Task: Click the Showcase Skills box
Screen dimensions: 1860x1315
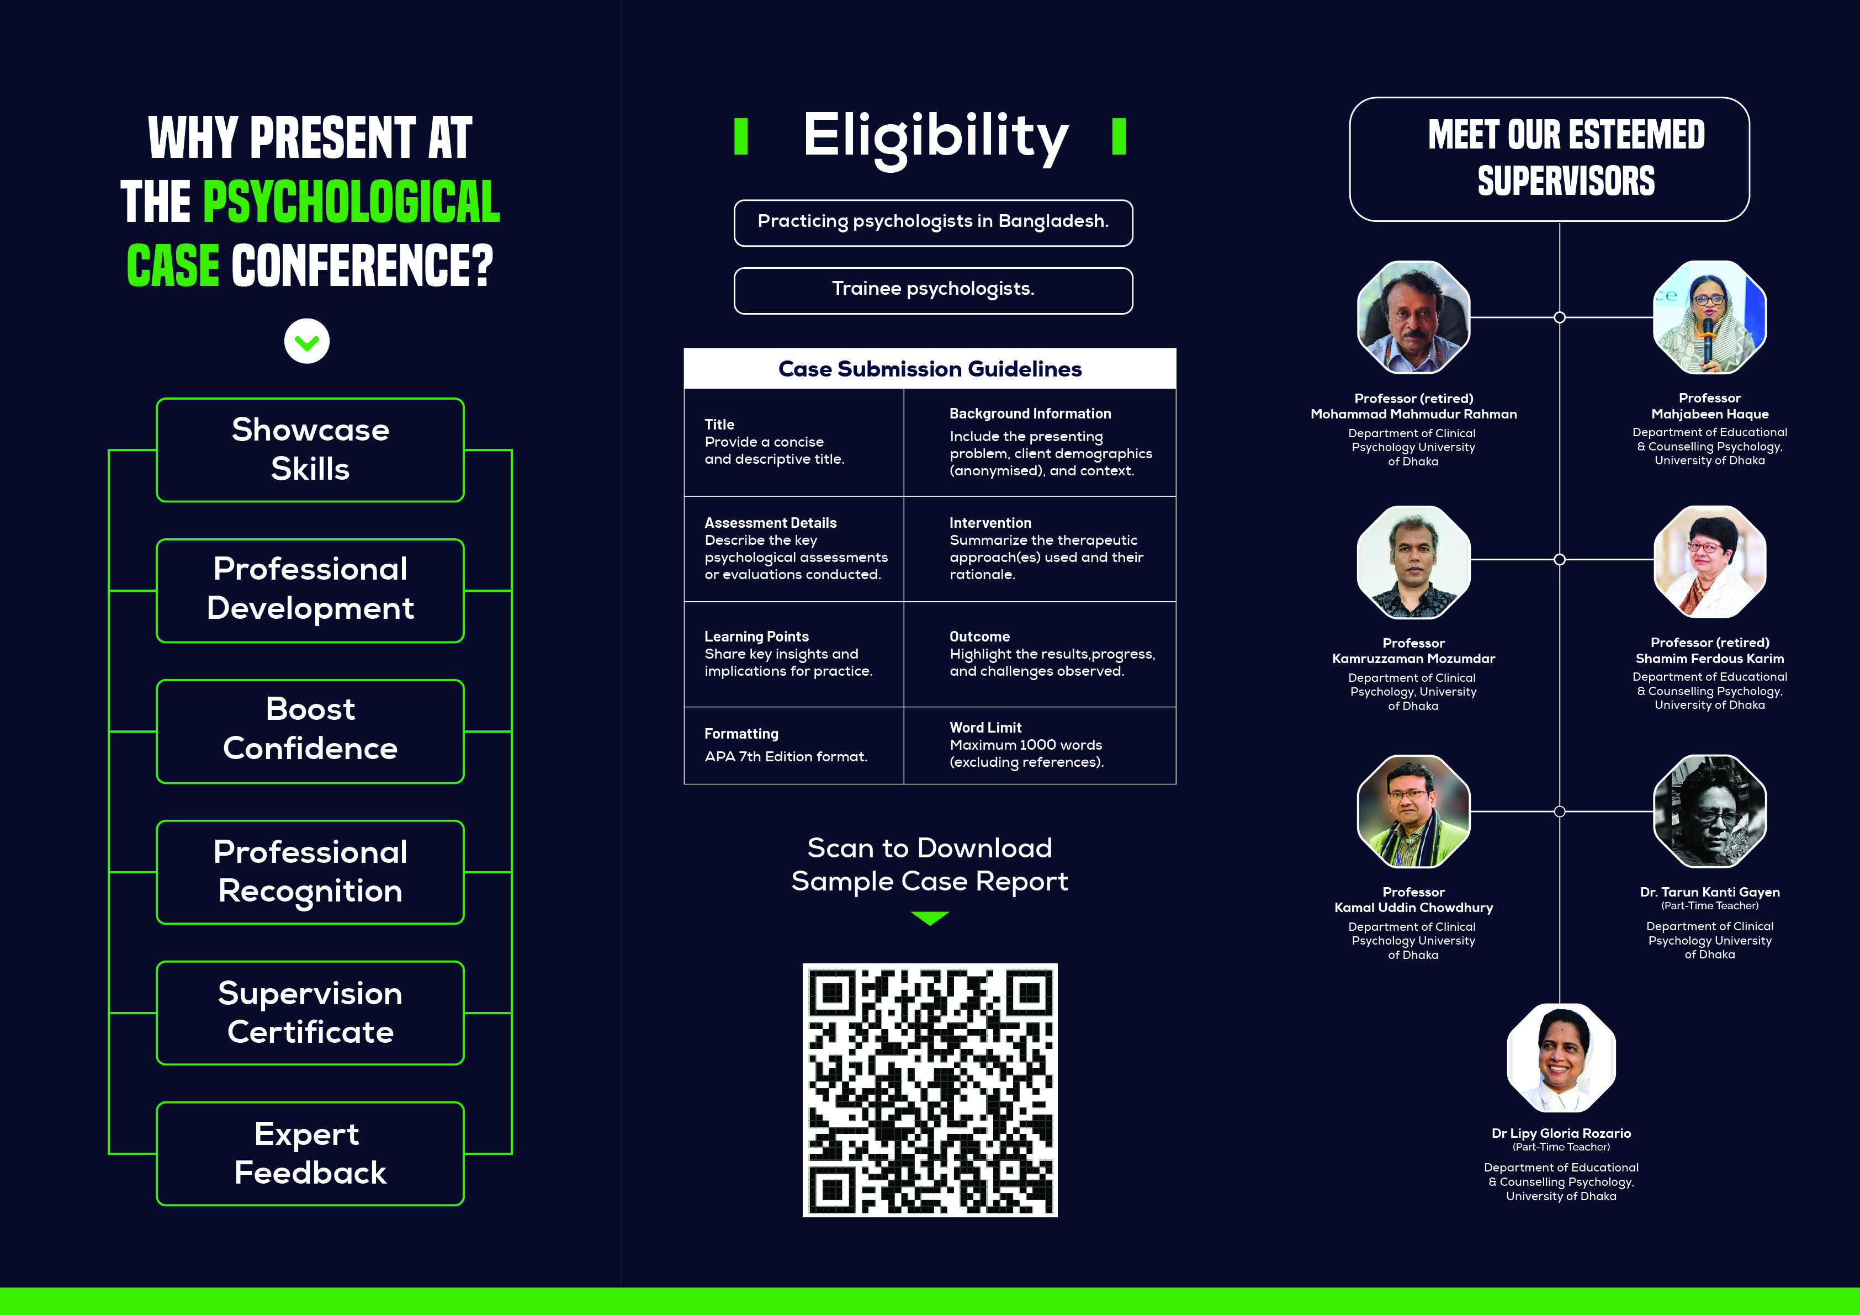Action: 310,450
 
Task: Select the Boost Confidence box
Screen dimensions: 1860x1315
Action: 310,731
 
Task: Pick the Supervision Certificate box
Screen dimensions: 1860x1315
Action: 310,1013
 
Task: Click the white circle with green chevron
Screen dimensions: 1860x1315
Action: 307,341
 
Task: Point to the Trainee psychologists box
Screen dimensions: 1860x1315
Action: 933,290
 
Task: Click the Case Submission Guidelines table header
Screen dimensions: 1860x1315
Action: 930,369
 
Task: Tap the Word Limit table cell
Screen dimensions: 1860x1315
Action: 1040,745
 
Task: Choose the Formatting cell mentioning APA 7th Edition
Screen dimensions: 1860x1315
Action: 794,745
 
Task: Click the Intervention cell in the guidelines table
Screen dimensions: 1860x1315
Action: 1040,549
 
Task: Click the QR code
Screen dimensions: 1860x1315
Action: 930,1090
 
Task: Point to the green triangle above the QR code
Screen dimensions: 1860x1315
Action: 930,918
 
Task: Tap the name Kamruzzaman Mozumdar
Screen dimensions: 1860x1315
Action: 1413,659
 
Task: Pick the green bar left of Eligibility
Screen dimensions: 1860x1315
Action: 740,136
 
